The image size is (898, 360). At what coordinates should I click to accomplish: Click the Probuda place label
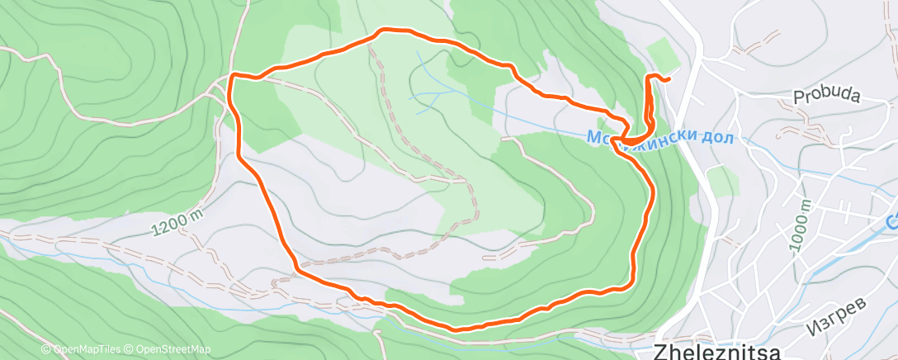coord(826,97)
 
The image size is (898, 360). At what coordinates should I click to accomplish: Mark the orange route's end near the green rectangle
coord(666,79)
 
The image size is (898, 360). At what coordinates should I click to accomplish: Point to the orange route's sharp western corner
coord(232,76)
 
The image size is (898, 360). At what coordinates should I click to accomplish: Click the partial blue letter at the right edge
coord(893,221)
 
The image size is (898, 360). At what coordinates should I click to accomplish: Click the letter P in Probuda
coord(798,98)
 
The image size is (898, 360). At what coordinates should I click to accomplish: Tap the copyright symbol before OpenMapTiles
coord(46,349)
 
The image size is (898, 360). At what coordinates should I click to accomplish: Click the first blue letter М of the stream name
coord(595,137)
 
